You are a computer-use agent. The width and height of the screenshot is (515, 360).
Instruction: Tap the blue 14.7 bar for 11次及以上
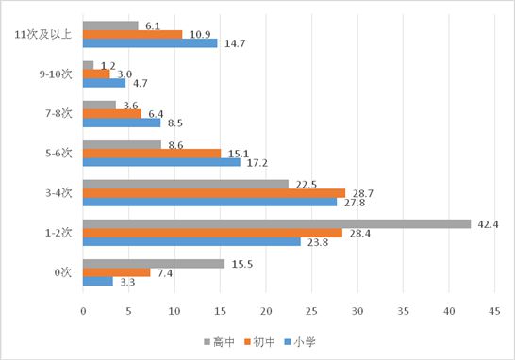[x=150, y=43]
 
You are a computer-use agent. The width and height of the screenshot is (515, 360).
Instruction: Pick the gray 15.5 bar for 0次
[x=154, y=263]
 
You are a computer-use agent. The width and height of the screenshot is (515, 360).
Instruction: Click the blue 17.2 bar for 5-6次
[x=161, y=162]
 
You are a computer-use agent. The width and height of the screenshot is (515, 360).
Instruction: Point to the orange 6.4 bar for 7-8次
[x=112, y=113]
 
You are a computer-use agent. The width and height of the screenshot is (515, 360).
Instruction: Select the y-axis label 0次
[x=63, y=271]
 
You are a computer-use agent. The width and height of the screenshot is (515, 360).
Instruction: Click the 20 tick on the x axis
[x=266, y=310]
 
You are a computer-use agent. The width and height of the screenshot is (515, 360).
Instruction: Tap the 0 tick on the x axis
[x=83, y=310]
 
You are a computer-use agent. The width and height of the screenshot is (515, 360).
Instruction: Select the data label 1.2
[x=108, y=65]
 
